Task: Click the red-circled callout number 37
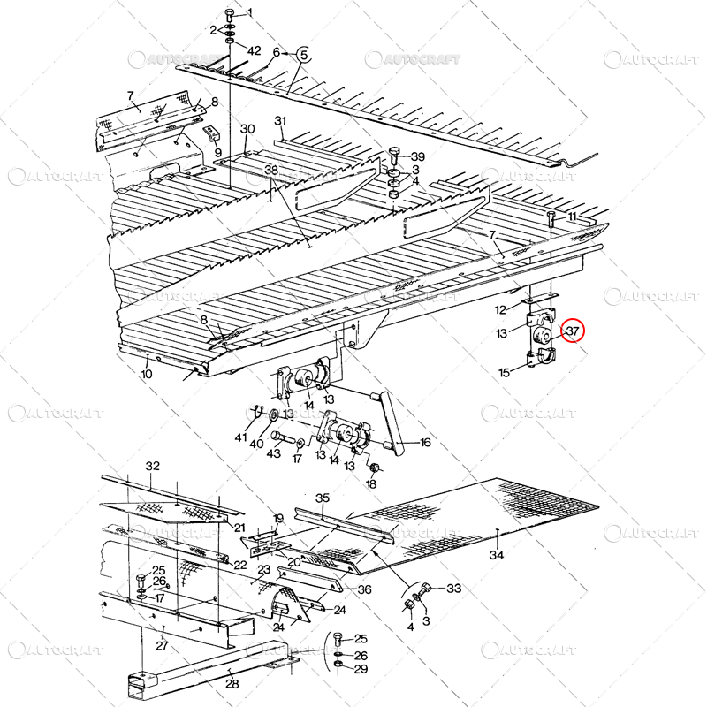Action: [574, 331]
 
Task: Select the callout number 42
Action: [254, 50]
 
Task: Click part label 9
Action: [217, 152]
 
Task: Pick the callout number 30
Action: [247, 129]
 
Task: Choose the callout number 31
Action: [281, 121]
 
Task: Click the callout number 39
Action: [417, 156]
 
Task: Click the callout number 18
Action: [371, 483]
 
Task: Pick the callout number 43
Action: [274, 453]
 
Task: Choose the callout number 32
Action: [153, 466]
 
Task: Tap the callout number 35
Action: [323, 498]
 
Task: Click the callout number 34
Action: [497, 556]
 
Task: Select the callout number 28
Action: [232, 684]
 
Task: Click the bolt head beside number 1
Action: [230, 14]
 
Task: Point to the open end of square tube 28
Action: [137, 681]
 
